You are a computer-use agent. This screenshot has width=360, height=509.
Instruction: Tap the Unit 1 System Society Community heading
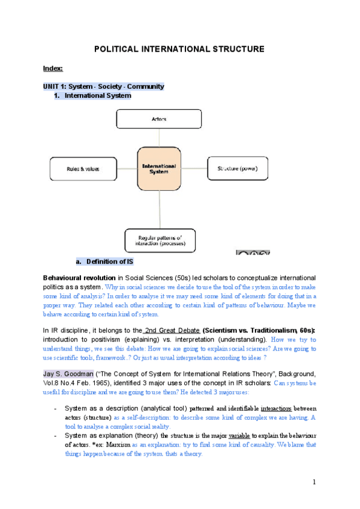coord(103,86)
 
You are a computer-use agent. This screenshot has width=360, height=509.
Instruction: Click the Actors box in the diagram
coord(159,119)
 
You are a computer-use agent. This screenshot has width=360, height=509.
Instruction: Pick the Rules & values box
coord(83,169)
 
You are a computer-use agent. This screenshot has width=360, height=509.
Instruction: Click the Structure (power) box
coord(236,169)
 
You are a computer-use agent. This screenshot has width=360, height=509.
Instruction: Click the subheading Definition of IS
coord(110,262)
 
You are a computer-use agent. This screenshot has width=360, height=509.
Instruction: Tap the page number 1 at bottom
coord(314,481)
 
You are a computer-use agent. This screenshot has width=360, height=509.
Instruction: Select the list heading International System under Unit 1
coord(97,95)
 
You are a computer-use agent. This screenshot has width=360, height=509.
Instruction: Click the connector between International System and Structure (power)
coord(193,169)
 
